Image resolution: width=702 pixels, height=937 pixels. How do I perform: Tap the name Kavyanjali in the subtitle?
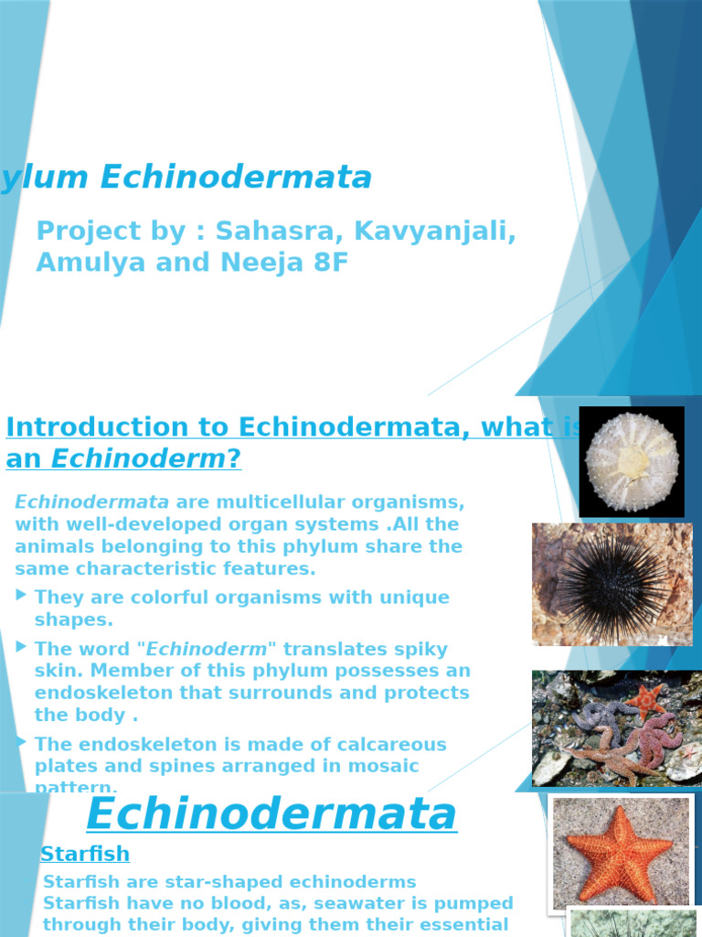[x=434, y=232]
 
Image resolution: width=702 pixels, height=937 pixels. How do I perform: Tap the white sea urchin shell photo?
[x=632, y=461]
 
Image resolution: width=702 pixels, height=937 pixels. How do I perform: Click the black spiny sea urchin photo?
[x=612, y=584]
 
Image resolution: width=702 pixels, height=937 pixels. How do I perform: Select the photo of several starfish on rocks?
[x=617, y=727]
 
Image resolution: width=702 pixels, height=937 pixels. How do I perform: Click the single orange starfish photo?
[x=620, y=853]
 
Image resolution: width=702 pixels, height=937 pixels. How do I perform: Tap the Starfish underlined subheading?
[x=85, y=854]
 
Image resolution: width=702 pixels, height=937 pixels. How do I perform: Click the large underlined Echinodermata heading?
[x=271, y=813]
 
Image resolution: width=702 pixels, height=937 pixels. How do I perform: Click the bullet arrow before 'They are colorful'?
[x=22, y=596]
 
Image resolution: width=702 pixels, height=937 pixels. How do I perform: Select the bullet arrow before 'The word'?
[x=22, y=647]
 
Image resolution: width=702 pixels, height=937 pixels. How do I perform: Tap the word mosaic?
[x=378, y=766]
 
